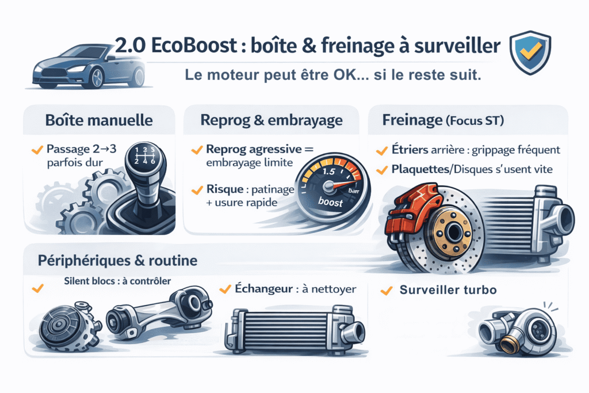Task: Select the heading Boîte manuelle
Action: pos(98,121)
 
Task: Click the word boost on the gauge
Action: pos(330,203)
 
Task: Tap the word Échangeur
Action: pos(263,289)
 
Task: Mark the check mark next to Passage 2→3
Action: pos(37,150)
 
